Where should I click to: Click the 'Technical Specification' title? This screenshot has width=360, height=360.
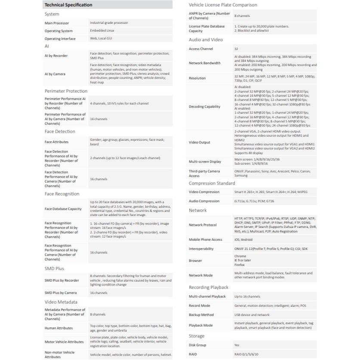tap(68, 5)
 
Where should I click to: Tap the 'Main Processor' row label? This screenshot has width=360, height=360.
tap(57, 23)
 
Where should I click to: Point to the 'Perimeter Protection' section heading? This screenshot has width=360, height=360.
tap(66, 91)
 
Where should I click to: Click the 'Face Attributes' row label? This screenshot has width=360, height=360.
tap(56, 142)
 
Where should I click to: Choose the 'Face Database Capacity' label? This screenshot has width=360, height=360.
tap(63, 209)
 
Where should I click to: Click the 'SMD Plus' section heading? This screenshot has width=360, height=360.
tap(54, 268)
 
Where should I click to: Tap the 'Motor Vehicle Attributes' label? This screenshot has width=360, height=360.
tap(64, 342)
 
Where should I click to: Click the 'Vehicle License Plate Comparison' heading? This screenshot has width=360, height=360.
tap(223, 5)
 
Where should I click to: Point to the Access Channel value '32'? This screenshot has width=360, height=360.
tap(236, 49)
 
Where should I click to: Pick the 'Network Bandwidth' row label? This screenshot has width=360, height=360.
tap(205, 63)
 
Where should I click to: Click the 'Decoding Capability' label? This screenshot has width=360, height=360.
tap(205, 107)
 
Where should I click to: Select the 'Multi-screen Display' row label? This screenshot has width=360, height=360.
tap(205, 162)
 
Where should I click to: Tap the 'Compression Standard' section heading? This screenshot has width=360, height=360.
tap(212, 184)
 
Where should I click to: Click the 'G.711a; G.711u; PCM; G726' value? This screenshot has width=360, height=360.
tap(254, 201)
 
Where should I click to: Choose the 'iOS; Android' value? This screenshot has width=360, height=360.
tap(243, 240)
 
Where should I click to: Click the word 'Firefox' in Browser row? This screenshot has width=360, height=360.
tap(240, 265)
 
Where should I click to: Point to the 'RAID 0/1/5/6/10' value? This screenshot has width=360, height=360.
tap(246, 354)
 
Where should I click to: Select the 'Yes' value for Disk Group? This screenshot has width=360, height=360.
tap(237, 345)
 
